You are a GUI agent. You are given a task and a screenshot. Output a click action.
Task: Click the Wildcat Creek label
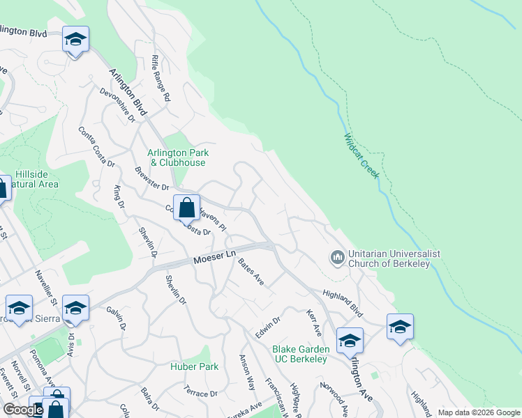(361, 157)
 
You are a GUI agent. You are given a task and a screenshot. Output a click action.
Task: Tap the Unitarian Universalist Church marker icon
(337, 258)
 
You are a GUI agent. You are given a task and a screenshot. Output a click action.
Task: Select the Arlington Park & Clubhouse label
(178, 157)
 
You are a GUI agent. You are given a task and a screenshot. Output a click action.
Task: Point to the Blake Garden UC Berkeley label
(299, 354)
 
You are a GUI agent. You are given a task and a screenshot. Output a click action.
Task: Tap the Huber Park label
(195, 366)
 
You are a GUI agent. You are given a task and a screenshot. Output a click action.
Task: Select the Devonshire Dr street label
(117, 104)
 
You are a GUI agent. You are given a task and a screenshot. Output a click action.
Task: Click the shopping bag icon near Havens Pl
(186, 207)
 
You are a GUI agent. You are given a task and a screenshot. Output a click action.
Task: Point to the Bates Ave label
(251, 272)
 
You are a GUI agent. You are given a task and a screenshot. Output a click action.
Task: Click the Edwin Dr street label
(267, 327)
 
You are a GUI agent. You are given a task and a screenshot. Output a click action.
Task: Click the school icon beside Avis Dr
(76, 308)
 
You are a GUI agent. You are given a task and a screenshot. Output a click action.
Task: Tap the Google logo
(23, 410)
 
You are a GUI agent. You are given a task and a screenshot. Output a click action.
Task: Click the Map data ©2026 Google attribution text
(479, 412)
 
